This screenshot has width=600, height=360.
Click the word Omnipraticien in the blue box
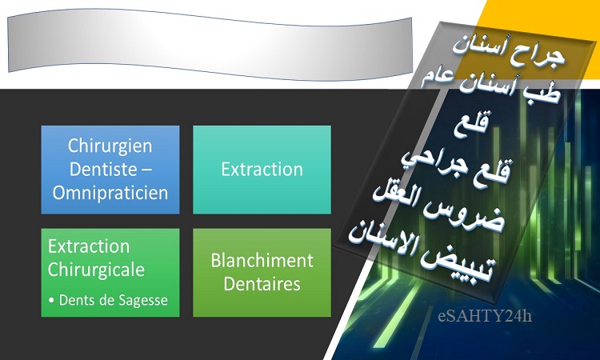(110, 193)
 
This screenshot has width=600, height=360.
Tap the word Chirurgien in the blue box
(110, 146)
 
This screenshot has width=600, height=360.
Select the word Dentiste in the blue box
(103, 169)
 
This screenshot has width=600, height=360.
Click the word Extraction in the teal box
(262, 170)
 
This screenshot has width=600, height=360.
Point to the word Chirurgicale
(96, 270)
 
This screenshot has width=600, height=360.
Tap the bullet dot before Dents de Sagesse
(52, 301)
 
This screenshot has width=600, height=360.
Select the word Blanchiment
(262, 261)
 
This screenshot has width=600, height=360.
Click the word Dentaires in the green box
(262, 284)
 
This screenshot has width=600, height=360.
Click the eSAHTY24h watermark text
(485, 316)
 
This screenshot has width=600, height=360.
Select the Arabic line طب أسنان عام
(491, 86)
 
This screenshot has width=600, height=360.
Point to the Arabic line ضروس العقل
(439, 209)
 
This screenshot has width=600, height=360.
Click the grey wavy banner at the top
(210, 45)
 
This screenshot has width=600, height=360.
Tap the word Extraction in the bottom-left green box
(89, 246)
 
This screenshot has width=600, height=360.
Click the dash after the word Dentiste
(146, 170)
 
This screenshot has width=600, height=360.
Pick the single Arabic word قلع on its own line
(471, 124)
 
